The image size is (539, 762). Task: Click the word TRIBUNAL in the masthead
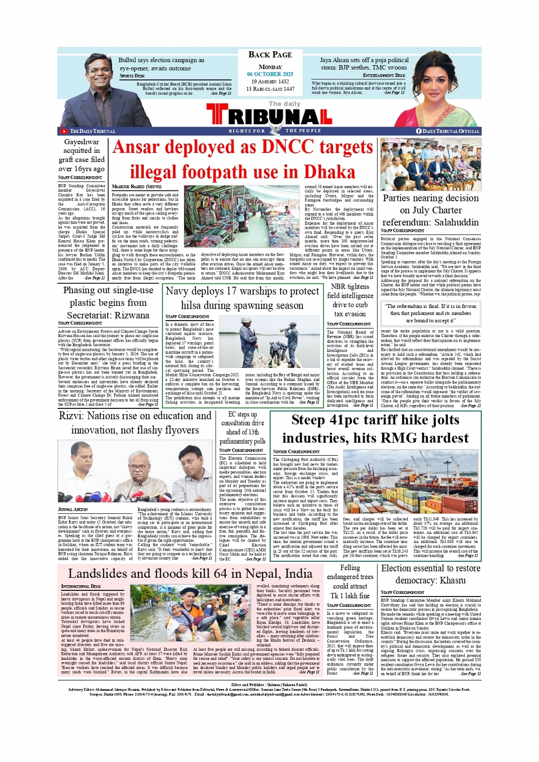coord(269,116)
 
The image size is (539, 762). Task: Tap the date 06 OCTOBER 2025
coord(270,74)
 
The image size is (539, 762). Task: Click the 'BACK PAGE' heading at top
coord(270,55)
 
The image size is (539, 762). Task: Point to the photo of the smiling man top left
coord(99,88)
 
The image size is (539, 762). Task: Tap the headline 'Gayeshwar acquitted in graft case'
coord(82,155)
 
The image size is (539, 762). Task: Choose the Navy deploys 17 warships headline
coord(242,298)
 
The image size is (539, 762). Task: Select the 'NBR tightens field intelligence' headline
coord(350,300)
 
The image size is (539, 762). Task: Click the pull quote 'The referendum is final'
coord(431,313)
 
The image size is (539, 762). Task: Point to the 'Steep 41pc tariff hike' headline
coord(375,429)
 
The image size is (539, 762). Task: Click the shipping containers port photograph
coord(411,482)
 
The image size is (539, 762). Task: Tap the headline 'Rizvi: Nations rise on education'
coord(135,423)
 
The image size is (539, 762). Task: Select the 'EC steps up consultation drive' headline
coord(243,427)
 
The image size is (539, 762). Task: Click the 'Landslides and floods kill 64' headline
coord(190,573)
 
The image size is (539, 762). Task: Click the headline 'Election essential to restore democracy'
coord(431,574)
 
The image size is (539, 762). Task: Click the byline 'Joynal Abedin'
coord(73,509)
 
